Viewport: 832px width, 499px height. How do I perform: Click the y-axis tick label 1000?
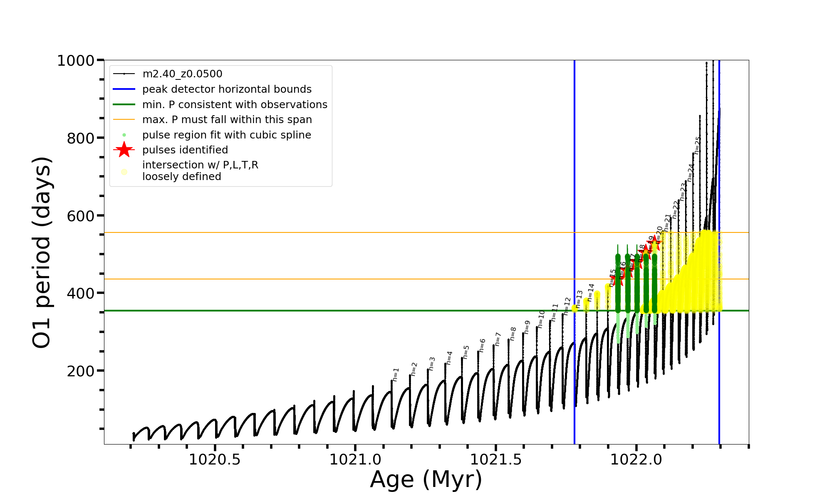coord(75,61)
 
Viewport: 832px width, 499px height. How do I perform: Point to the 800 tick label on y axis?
coord(80,138)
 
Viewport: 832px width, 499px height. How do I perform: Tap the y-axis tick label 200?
coord(80,371)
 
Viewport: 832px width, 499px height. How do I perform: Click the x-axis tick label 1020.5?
coord(215,459)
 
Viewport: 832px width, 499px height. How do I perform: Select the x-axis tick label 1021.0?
coord(355,459)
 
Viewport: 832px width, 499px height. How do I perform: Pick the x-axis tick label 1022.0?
coord(636,459)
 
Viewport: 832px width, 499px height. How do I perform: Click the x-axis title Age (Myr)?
coord(426,479)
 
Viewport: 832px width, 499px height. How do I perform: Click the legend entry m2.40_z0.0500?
coord(182,74)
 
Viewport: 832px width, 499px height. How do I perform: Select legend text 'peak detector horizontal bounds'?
coord(227,89)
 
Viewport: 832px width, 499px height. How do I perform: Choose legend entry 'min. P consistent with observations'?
coord(235,105)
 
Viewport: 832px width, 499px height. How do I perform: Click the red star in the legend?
coord(124,150)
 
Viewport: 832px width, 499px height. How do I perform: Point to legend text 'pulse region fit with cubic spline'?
coord(226,135)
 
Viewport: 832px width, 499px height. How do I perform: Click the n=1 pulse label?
coord(396,374)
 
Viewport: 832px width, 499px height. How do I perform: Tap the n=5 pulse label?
coord(466,352)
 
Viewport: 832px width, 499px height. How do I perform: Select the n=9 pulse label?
coord(527,327)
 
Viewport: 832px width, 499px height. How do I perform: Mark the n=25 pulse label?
coord(698,146)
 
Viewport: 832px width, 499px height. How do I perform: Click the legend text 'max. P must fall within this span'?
coord(227,120)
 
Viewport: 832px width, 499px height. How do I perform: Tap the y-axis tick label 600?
coord(80,216)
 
